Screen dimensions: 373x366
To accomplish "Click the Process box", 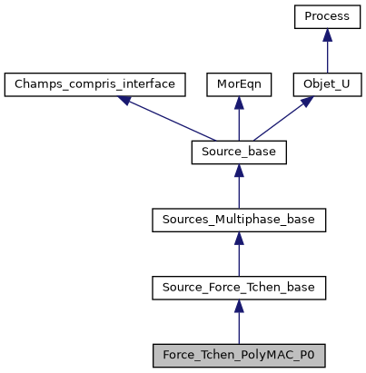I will [327, 16].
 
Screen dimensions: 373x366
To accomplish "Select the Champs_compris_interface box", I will [95, 84].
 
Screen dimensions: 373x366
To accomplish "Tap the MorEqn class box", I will [238, 84].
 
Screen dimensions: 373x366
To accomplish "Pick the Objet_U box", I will [327, 84].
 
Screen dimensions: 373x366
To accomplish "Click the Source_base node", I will [238, 152].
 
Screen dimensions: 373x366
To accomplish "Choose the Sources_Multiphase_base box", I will [238, 221].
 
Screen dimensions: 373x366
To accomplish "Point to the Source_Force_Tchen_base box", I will [238, 289].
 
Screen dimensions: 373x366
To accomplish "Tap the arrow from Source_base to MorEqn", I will [238, 119].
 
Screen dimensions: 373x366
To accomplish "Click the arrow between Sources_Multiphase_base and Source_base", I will [238, 187].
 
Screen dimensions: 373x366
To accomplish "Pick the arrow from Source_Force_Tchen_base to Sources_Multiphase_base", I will [238, 255].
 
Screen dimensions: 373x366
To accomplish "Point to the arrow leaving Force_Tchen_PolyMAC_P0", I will [238, 323].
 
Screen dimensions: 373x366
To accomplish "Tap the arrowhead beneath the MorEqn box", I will [238, 103].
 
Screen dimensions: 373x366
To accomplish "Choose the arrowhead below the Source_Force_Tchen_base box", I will [238, 308].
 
